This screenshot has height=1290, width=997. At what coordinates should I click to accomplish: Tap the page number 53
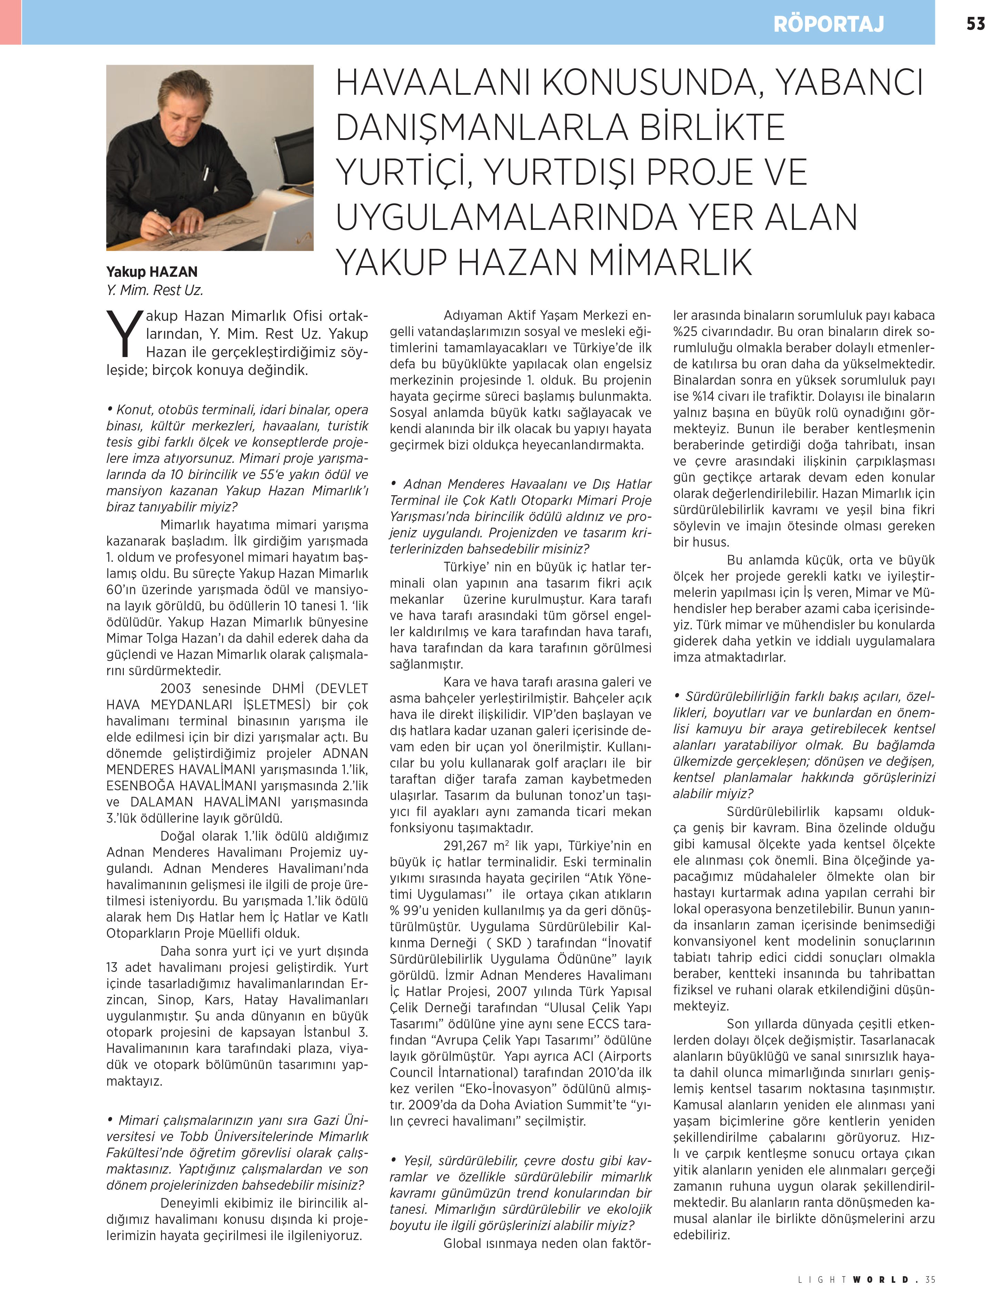(976, 24)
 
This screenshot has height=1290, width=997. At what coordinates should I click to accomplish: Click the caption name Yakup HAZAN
(152, 272)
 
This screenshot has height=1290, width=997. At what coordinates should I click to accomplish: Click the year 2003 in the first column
(176, 688)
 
